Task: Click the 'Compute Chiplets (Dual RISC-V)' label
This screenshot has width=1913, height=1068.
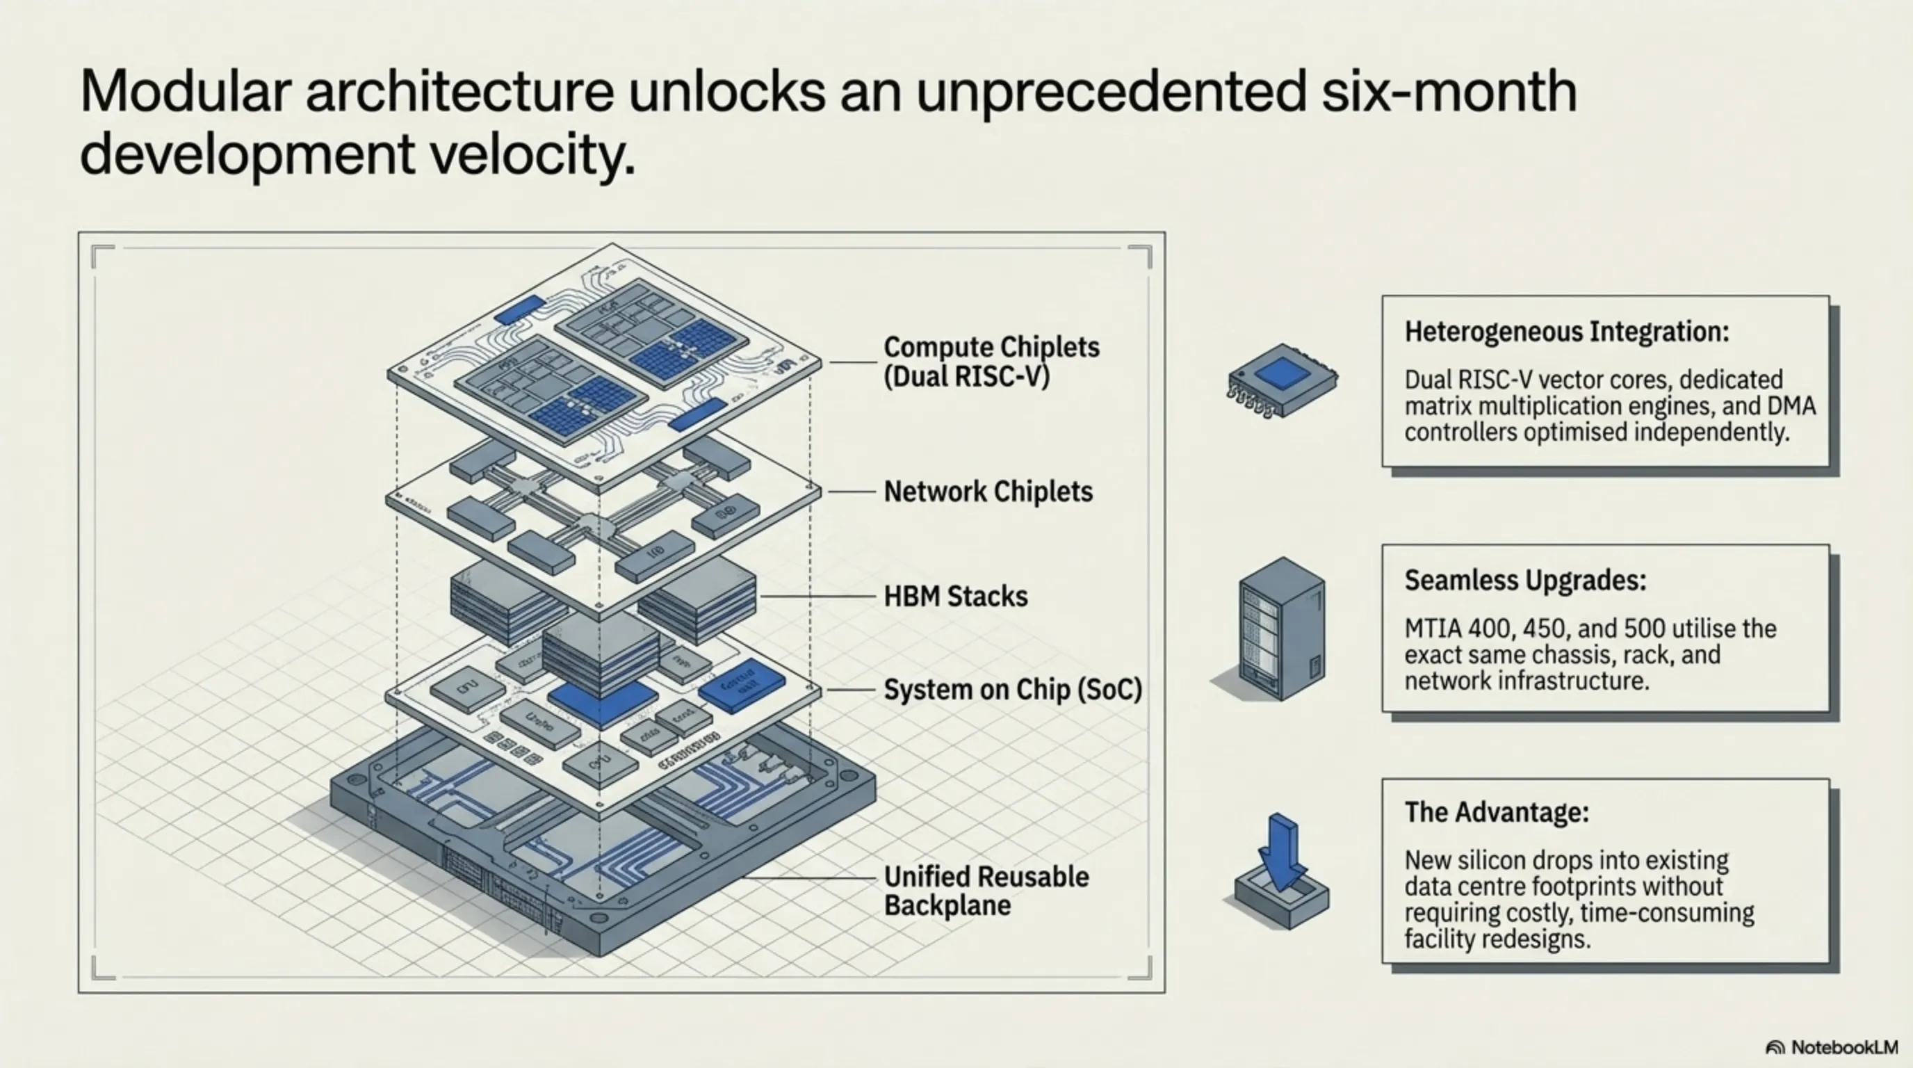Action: click(991, 361)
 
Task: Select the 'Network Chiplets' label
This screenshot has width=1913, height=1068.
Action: click(988, 492)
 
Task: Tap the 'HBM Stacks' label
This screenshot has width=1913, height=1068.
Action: click(955, 597)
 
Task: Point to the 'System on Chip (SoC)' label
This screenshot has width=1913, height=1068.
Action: click(1012, 690)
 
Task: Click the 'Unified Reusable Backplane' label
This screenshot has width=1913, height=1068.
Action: click(986, 891)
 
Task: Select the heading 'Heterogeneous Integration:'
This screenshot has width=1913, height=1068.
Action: click(1566, 331)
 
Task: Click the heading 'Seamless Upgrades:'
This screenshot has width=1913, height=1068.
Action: click(1524, 580)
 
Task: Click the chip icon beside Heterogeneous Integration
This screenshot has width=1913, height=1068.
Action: click(1281, 379)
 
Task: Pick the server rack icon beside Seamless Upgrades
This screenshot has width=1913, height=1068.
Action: click(1281, 628)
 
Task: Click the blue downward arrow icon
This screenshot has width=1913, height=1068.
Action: click(1283, 854)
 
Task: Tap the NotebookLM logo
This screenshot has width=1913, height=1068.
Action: click(1830, 1047)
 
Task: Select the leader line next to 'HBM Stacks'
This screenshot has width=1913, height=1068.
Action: click(817, 597)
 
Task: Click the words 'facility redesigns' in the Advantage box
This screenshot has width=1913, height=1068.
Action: click(1497, 939)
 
